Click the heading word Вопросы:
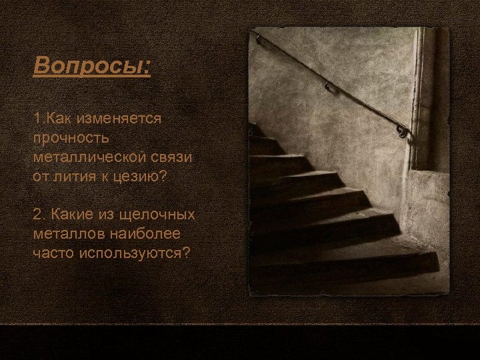pos(92,67)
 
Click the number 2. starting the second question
pos(39,214)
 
